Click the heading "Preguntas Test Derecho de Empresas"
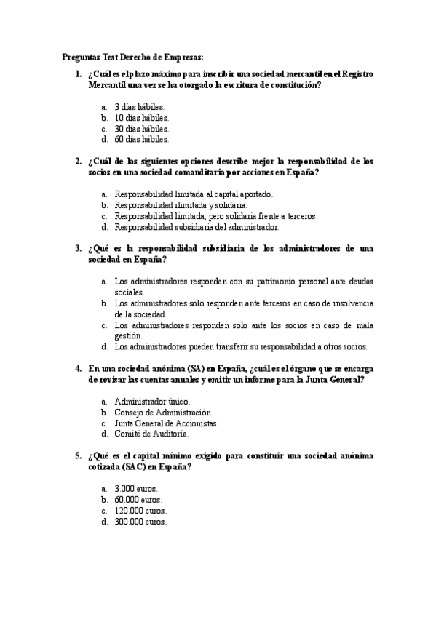133,57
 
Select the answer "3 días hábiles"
140,106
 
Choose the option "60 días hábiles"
142,139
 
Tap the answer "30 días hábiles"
142,128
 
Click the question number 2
78,161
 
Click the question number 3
78,248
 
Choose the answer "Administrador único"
153,401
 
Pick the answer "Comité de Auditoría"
152,434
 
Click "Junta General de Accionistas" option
167,423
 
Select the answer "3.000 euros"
137,489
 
